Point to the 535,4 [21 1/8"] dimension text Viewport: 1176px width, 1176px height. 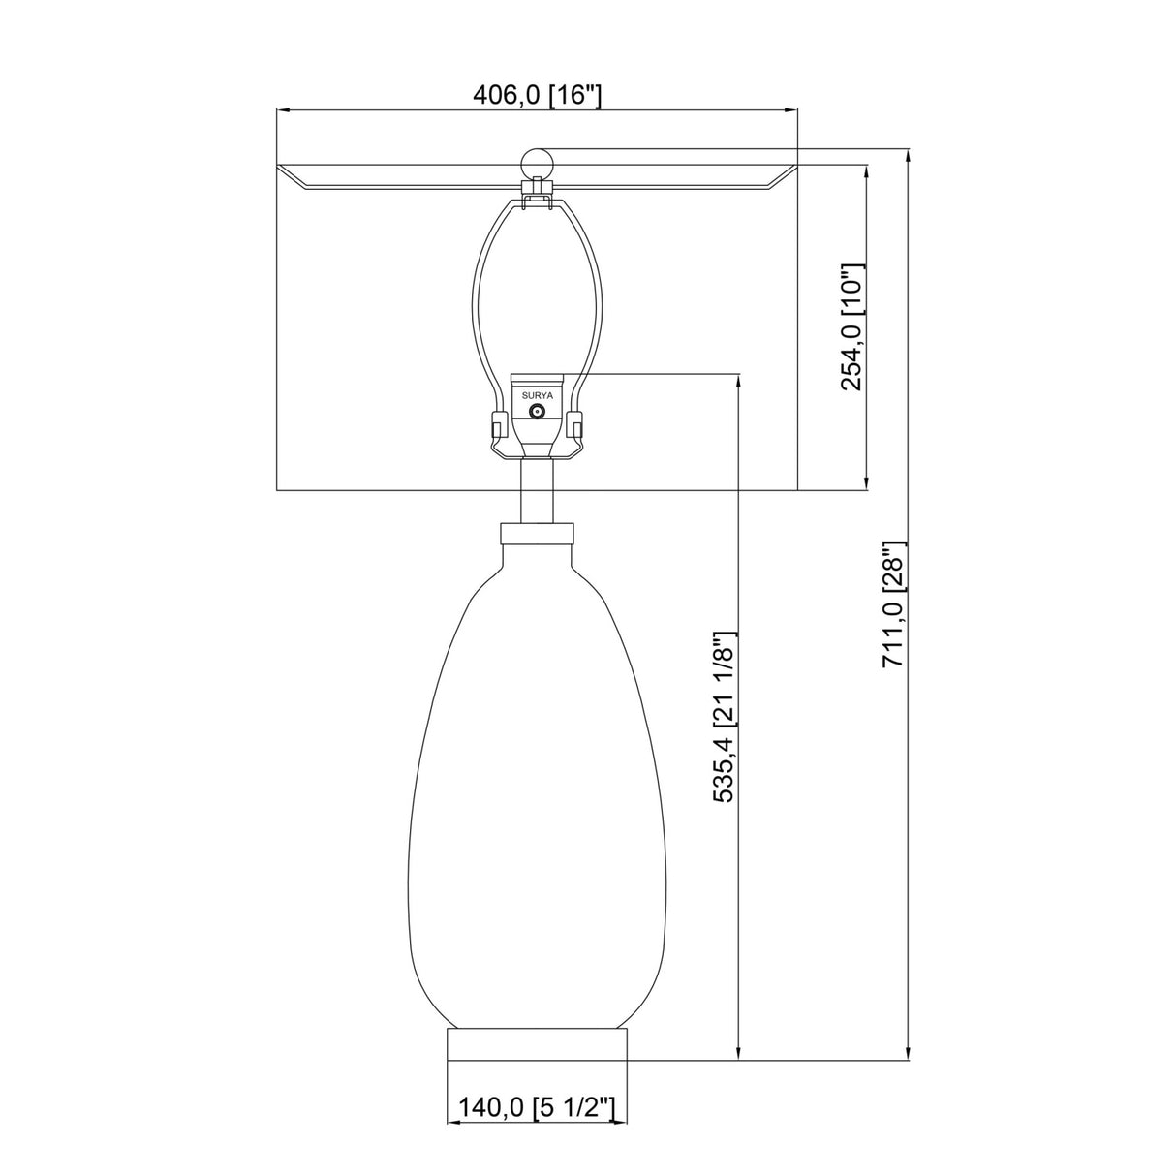[726, 717]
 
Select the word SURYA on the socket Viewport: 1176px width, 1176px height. [537, 395]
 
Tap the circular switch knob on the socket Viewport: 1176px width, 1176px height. [537, 413]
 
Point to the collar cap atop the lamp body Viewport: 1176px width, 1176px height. [537, 533]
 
